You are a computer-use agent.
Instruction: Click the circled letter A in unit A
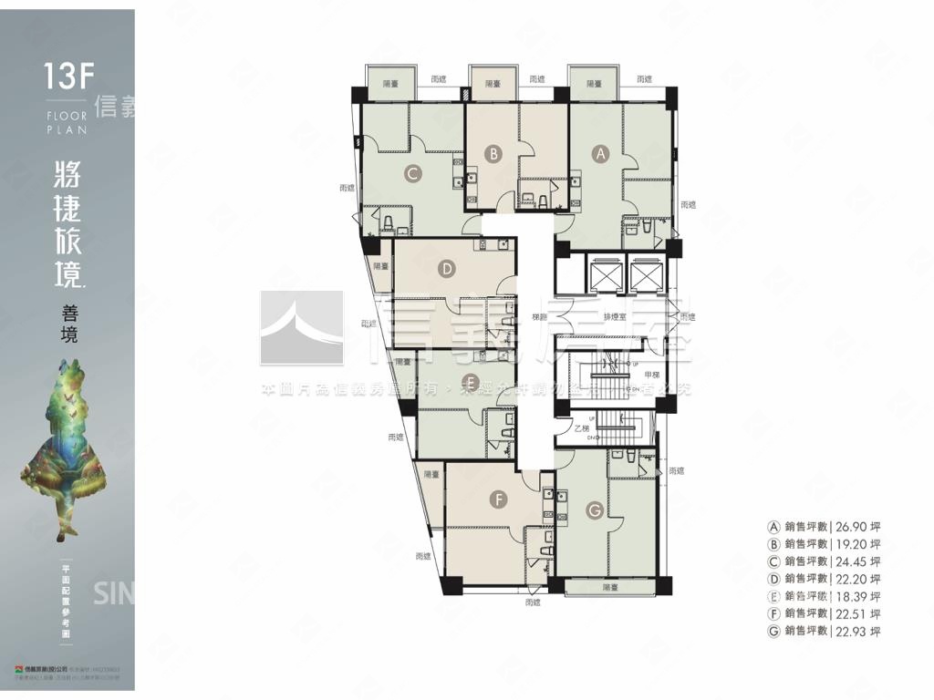600,154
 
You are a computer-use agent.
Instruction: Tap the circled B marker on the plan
493,154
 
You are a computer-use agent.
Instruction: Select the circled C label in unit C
413,170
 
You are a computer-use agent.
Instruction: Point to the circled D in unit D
446,268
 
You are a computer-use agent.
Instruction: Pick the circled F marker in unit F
497,499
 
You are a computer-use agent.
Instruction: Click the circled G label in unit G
595,511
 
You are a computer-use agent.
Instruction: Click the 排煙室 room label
615,317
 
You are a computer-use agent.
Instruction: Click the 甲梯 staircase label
653,376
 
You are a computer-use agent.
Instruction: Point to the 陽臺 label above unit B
493,83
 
